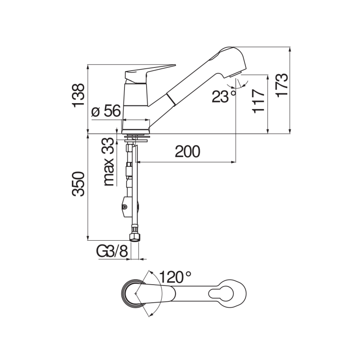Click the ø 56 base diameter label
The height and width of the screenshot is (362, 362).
(106, 111)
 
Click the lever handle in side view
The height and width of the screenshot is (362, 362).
(149, 71)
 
